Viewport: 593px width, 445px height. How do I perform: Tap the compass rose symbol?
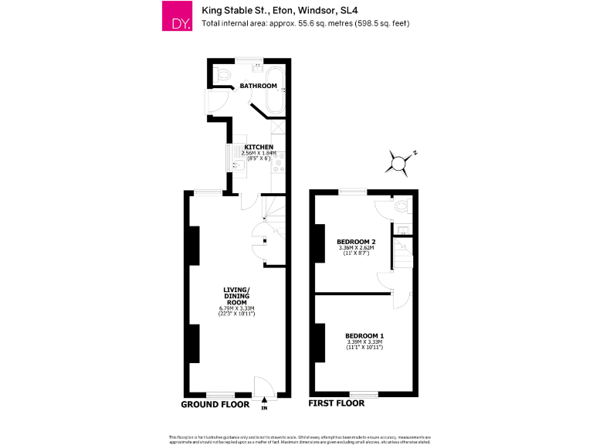tap(399, 162)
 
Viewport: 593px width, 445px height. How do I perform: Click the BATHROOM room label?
tap(258, 86)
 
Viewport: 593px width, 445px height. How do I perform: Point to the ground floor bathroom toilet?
tap(223, 75)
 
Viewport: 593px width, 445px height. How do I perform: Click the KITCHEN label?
tap(259, 147)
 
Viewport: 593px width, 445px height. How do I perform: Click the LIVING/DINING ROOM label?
tap(237, 296)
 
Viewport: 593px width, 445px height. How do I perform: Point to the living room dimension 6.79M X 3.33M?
tap(237, 309)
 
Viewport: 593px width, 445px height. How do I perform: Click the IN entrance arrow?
tap(265, 399)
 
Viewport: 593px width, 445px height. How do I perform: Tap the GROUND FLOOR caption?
tap(215, 404)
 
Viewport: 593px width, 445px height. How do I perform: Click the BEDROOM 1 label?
tap(364, 336)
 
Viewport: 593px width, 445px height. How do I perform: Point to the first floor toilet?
tap(400, 207)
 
